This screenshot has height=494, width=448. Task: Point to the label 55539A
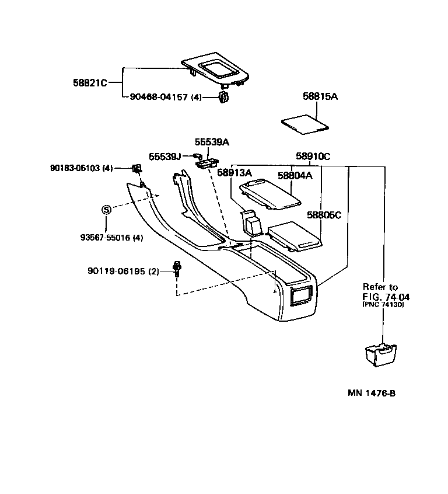(212, 142)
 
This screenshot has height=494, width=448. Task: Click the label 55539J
(165, 156)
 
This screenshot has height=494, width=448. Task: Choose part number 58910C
(313, 156)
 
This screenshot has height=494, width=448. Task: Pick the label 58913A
(234, 172)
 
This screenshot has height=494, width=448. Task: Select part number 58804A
(295, 175)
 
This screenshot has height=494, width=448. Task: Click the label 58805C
(324, 215)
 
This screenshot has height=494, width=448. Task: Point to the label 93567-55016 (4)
(112, 238)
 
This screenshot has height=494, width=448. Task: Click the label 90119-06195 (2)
(123, 271)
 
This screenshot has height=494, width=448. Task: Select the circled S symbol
(106, 210)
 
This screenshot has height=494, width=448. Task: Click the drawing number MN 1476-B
(372, 392)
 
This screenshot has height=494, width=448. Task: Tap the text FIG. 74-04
(386, 297)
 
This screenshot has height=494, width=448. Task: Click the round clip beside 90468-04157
(223, 98)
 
